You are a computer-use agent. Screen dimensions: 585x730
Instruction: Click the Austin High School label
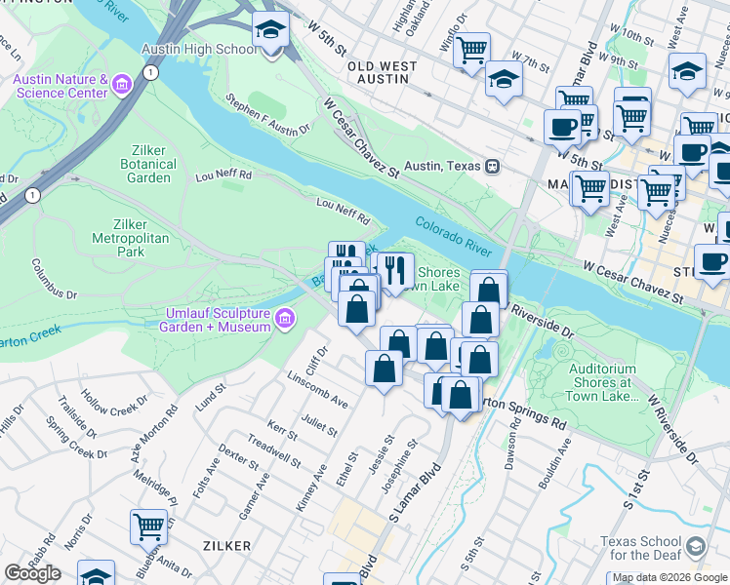(x=199, y=49)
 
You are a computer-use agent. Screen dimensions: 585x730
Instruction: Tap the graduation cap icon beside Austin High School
(x=270, y=31)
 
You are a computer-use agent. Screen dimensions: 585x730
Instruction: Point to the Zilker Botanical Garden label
(x=150, y=164)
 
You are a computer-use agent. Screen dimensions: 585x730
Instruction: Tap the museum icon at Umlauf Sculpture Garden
(x=284, y=318)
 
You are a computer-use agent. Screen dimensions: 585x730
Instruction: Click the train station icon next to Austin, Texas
(x=493, y=166)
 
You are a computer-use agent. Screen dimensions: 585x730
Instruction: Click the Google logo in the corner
(x=32, y=573)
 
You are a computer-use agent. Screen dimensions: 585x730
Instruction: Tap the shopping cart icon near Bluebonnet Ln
(x=148, y=526)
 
